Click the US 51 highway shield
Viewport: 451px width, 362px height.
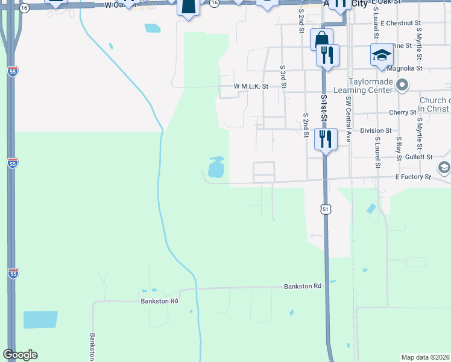[x=326, y=209]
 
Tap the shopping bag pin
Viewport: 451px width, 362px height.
[x=321, y=39]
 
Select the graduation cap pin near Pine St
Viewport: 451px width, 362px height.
[x=381, y=56]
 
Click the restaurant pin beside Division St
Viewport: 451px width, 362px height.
[x=326, y=139]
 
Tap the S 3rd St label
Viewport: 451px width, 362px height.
[x=283, y=76]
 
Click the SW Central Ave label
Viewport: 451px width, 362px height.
[x=348, y=117]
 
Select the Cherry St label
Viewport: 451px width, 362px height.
[x=403, y=112]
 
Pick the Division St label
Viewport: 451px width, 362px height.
[x=376, y=130]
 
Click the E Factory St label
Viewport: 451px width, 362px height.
[x=413, y=177]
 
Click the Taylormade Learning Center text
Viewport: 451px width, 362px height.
[x=370, y=86]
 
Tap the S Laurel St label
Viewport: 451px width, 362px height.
[x=377, y=152]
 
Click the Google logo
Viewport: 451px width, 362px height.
[x=20, y=355]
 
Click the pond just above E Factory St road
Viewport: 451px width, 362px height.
[x=215, y=168]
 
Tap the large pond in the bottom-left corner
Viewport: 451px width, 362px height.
[x=40, y=320]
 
